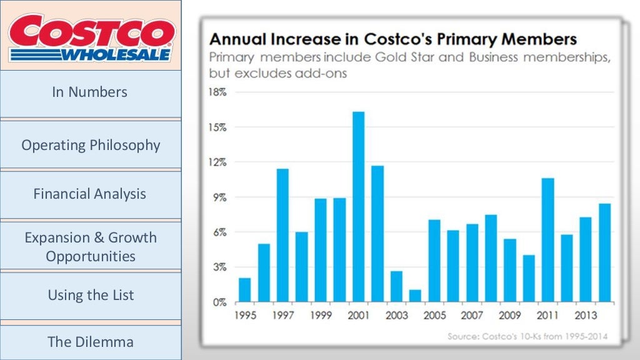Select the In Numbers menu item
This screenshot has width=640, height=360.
(90, 92)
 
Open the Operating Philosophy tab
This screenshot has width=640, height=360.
(91, 145)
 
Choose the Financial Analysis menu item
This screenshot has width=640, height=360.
(90, 194)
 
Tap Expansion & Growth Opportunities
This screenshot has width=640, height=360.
(91, 247)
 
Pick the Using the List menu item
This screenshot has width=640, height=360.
(91, 295)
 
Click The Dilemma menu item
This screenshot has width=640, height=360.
(91, 342)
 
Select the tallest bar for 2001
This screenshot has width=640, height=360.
(358, 207)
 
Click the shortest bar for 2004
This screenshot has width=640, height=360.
(415, 296)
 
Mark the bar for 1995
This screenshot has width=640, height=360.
(244, 290)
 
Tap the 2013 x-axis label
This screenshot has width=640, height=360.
(585, 315)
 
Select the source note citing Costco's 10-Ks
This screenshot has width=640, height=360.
(527, 336)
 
